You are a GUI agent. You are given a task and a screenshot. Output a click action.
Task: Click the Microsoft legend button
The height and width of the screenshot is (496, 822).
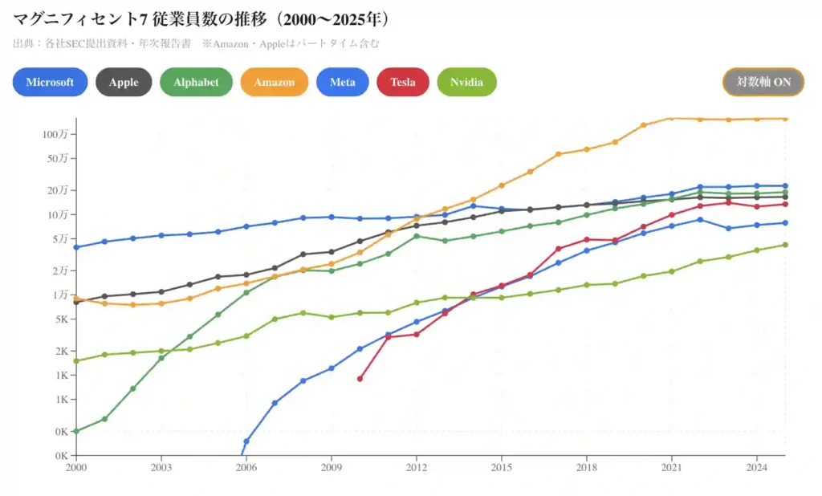point(50,82)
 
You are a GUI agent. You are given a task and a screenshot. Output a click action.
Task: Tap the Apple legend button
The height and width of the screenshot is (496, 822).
point(124,82)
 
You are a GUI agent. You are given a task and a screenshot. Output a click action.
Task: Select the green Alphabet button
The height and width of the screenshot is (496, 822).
point(196,82)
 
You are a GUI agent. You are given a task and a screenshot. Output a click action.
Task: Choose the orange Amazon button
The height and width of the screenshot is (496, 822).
point(275,82)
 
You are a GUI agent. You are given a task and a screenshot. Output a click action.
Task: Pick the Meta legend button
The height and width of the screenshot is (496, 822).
point(342,82)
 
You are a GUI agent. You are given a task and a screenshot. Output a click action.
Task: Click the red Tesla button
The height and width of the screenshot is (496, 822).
point(402,82)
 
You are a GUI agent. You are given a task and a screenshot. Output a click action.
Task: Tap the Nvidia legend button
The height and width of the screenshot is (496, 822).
point(466,82)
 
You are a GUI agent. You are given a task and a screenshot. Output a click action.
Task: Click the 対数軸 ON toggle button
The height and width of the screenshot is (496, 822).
point(763,82)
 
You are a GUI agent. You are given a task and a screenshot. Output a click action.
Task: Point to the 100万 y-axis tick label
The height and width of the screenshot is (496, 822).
point(55,133)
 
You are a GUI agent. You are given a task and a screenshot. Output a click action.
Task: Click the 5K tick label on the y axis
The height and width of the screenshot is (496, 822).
point(61,319)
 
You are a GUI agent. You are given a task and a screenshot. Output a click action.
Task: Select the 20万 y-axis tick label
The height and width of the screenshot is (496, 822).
point(59,190)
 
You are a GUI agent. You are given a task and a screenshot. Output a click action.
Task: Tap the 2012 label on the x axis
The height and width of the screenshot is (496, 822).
point(417,466)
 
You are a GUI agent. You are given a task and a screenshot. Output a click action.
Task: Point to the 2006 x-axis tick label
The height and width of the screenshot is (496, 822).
point(246,466)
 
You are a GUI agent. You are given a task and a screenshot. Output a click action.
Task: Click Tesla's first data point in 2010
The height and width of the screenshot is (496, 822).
point(360,379)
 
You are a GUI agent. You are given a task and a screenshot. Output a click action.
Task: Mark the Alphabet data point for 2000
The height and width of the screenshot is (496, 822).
point(76,431)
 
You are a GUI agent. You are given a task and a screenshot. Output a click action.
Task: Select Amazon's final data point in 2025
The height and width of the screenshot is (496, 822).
point(785,119)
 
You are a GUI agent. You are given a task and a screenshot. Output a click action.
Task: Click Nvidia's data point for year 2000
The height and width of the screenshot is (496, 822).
point(76,361)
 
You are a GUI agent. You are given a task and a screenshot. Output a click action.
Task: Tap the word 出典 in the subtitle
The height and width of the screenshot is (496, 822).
point(22,43)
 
